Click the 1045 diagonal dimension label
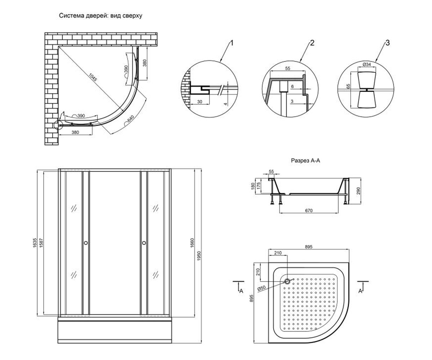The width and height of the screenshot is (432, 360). tap(93, 77)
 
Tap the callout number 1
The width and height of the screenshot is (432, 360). tap(232, 43)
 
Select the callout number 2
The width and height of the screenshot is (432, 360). tap(312, 43)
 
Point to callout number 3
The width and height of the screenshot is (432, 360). tap(387, 43)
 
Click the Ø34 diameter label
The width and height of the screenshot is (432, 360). tap(366, 64)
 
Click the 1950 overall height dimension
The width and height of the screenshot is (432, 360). tap(199, 256)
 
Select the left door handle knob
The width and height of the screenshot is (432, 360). tap(86, 243)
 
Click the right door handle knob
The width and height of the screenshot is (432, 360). tap(144, 243)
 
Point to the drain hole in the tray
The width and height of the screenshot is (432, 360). tap(287, 281)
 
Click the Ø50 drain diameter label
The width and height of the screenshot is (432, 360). tap(261, 288)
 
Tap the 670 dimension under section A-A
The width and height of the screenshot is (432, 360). tap(309, 210)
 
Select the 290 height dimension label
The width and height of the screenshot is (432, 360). tap(359, 191)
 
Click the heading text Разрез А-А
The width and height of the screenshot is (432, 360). tap(305, 160)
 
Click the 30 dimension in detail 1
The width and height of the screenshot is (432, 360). tap(200, 102)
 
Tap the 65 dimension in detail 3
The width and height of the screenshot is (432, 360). tap(348, 86)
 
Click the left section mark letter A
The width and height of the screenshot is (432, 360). tap(241, 291)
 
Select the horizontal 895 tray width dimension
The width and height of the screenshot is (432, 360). tap(309, 247)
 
